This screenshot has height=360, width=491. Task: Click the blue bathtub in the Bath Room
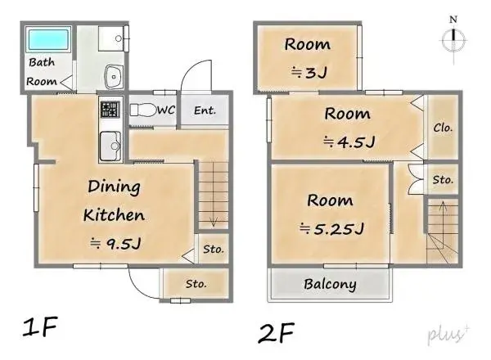click(x=49, y=40)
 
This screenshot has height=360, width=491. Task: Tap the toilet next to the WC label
click(x=142, y=110)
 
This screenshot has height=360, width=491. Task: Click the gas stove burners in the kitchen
click(x=110, y=109)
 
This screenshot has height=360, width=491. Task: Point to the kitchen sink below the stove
click(x=110, y=147)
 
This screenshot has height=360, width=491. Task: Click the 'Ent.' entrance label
click(x=205, y=110)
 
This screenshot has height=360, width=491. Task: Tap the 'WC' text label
click(x=166, y=110)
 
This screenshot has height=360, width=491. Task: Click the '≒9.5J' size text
click(x=115, y=243)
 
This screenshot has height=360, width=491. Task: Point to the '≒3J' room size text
click(x=308, y=71)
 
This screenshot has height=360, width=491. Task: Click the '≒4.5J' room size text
click(x=348, y=142)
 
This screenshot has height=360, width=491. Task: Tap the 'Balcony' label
click(x=330, y=285)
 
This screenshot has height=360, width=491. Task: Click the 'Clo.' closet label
click(x=444, y=128)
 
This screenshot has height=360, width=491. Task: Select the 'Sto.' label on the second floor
click(x=444, y=179)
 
